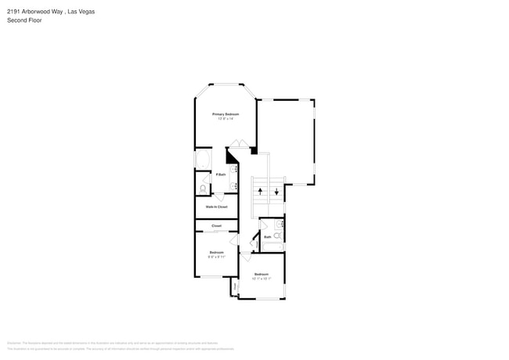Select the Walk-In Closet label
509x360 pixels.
coord(216,207)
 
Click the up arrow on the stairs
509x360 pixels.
coord(260,191)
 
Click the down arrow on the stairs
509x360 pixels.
coord(276,191)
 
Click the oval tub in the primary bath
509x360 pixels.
coord(200,160)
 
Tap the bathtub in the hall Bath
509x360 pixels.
coord(272,247)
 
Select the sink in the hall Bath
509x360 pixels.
coord(279,225)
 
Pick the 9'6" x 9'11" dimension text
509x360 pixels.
coord(217,256)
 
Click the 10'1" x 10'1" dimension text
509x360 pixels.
coord(262,278)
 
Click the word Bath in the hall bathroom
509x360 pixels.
coord(267,236)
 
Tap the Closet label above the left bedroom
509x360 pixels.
coord(216,225)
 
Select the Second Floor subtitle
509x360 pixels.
coord(25,20)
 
